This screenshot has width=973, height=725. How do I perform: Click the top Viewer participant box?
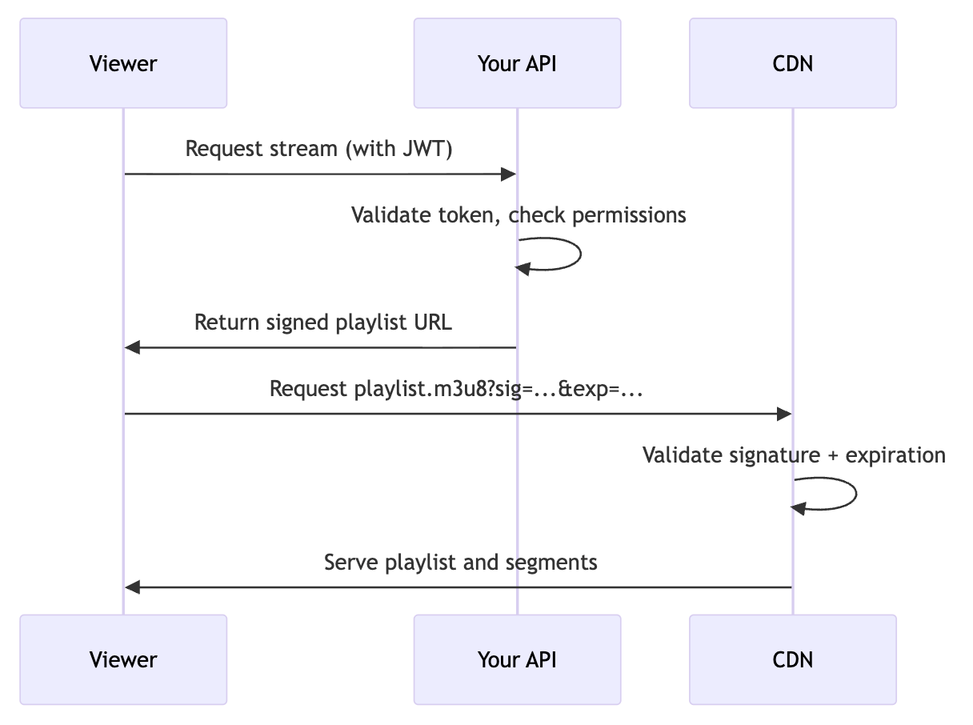click(x=123, y=63)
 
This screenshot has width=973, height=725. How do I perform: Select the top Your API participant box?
click(x=517, y=63)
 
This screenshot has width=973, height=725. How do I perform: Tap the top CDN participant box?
click(x=792, y=63)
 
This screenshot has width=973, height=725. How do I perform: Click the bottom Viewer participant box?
click(x=123, y=659)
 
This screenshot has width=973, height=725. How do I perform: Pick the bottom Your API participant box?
click(x=517, y=659)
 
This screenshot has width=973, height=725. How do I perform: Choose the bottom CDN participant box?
click(x=792, y=659)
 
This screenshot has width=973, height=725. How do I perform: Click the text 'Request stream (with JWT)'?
click(x=319, y=149)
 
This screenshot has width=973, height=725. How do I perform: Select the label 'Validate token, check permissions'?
click(x=519, y=214)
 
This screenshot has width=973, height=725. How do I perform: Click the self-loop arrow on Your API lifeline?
click(x=578, y=254)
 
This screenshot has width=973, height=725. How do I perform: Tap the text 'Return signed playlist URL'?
click(x=323, y=322)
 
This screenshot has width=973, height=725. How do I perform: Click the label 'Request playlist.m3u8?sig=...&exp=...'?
click(x=458, y=389)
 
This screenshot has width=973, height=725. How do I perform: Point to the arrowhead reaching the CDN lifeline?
click(x=784, y=414)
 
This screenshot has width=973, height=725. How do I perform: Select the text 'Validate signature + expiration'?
click(x=794, y=455)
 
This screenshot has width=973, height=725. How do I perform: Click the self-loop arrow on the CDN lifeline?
click(x=855, y=495)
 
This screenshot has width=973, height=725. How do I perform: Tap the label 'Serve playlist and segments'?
click(x=460, y=563)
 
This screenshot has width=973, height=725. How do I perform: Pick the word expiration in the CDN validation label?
click(x=895, y=455)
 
